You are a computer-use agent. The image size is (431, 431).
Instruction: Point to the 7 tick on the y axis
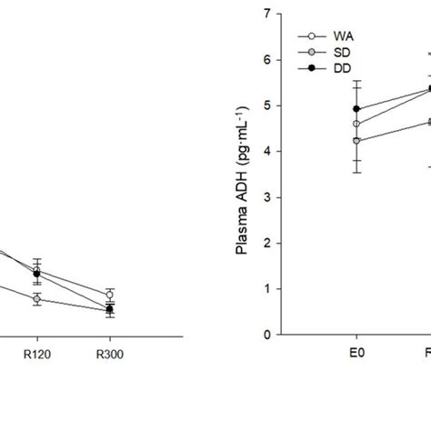(x=266, y=14)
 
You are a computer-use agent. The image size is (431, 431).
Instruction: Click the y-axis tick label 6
(x=266, y=60)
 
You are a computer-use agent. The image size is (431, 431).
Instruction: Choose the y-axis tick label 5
(x=266, y=105)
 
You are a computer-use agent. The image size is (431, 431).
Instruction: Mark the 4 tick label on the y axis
(x=266, y=152)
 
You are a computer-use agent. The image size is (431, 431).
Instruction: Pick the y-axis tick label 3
(x=266, y=197)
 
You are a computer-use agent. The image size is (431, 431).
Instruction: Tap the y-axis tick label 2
(x=266, y=244)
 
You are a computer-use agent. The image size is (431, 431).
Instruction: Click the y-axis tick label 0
(x=266, y=335)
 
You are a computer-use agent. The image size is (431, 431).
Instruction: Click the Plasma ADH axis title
(x=243, y=174)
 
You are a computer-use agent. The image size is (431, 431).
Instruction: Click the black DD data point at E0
(x=356, y=109)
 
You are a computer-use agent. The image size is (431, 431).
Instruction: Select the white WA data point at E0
(x=356, y=124)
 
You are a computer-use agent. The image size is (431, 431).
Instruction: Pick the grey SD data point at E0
(x=356, y=141)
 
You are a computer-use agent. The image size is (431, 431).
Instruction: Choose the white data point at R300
(x=109, y=295)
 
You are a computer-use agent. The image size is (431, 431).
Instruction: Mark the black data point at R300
(x=109, y=309)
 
